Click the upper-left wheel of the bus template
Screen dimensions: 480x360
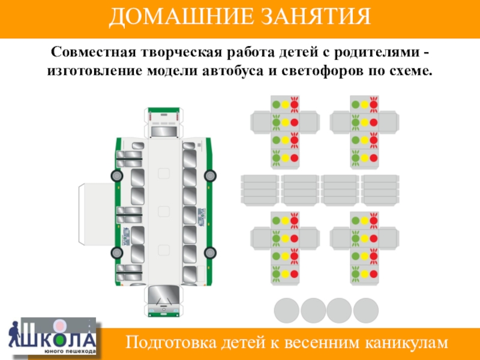[117, 176]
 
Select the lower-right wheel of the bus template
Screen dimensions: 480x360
[210, 252]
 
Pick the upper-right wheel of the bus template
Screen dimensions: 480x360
[210, 176]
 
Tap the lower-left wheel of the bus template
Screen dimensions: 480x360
[117, 252]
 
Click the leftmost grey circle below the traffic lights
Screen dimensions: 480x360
[286, 311]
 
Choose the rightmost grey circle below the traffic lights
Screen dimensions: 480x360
[366, 311]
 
